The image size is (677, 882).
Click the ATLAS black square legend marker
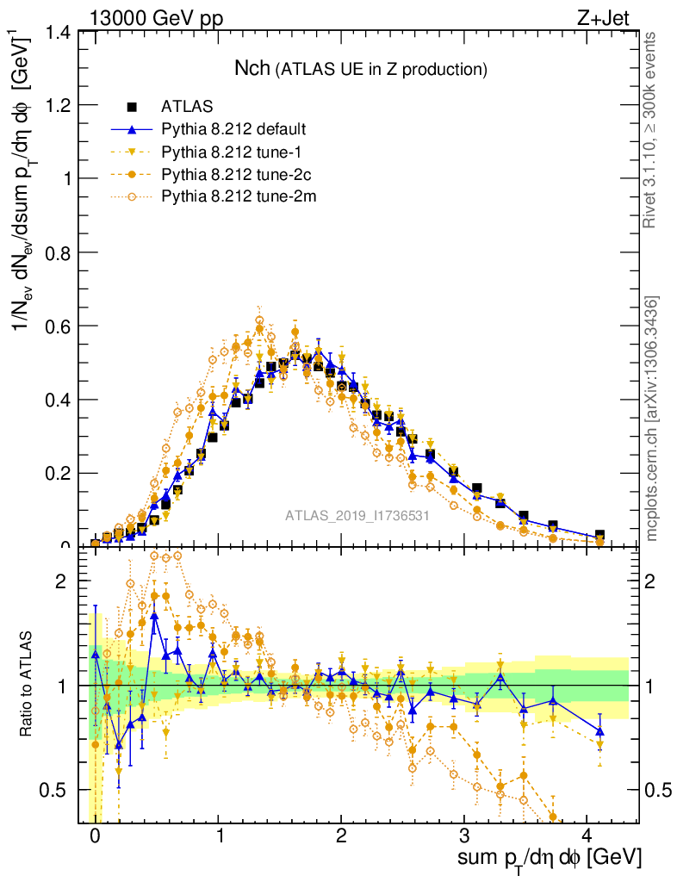pyautogui.click(x=133, y=107)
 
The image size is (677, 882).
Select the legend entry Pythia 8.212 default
pyautogui.click(x=233, y=129)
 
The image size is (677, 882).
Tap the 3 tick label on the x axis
pyautogui.click(x=464, y=835)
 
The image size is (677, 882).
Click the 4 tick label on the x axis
pyautogui.click(x=587, y=835)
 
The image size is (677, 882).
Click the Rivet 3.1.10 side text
pyautogui.click(x=652, y=129)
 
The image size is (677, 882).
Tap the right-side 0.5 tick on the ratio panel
pyautogui.click(x=659, y=790)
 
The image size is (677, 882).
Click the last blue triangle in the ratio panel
pyautogui.click(x=599, y=731)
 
